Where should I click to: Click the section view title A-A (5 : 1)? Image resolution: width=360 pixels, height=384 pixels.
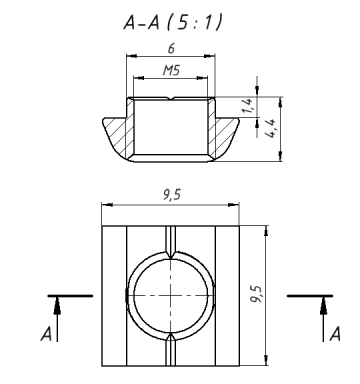173,23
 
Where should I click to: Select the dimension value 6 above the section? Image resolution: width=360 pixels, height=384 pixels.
171,49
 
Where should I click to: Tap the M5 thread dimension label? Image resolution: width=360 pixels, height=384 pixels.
171,70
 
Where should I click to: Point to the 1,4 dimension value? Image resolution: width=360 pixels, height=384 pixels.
248,106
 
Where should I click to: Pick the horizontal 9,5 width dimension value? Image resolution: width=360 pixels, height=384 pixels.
172,195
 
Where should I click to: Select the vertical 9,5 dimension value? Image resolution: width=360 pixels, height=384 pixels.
256,294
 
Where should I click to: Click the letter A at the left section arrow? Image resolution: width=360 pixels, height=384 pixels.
46,334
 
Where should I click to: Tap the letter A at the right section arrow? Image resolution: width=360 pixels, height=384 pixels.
335,334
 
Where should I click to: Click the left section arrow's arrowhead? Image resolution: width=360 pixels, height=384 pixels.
57,306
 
